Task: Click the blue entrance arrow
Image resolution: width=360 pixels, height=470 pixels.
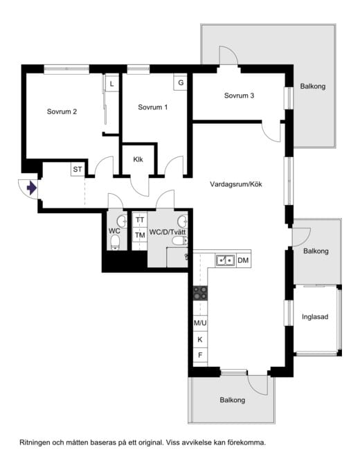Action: point(32,188)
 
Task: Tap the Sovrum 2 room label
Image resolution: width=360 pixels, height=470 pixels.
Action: point(62,112)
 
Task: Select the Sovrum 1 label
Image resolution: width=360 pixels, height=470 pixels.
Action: point(152,107)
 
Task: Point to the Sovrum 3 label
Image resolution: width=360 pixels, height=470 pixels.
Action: point(239,96)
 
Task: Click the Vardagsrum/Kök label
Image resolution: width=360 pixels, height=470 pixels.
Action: point(236,184)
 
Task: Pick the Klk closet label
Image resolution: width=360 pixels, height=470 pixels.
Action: point(138,159)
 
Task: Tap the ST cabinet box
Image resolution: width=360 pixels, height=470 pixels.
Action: point(78,170)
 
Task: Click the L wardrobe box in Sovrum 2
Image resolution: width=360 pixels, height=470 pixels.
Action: point(111,84)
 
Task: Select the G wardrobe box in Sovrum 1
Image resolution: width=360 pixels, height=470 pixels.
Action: point(181,82)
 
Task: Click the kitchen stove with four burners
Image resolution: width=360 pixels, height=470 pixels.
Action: point(200,293)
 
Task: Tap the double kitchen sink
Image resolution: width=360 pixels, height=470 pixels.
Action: point(226,260)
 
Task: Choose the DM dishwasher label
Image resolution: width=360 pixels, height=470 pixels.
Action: point(243,260)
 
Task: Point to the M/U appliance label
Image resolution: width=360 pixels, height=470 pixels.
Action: point(200,323)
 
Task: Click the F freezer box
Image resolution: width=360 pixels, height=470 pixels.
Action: point(200,355)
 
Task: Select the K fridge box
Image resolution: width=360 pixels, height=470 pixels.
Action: point(200,340)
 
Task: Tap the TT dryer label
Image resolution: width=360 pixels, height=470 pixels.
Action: point(140,220)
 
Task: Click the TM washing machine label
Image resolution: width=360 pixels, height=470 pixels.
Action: point(140,235)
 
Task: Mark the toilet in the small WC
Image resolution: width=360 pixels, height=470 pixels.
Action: point(115,242)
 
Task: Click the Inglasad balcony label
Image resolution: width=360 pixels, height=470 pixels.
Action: point(315,317)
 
